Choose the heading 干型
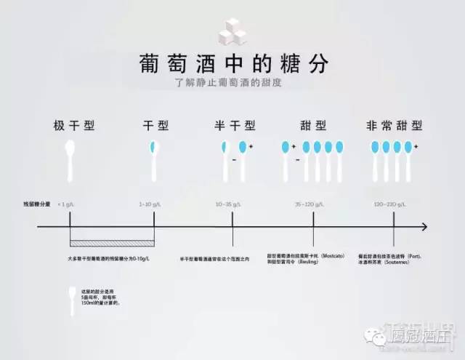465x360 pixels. [x=155, y=125]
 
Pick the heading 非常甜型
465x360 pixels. [x=393, y=125]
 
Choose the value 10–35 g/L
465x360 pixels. [x=232, y=206]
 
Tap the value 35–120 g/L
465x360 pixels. [x=312, y=206]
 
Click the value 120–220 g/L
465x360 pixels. [x=393, y=206]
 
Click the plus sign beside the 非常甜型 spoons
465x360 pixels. [x=416, y=146]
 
